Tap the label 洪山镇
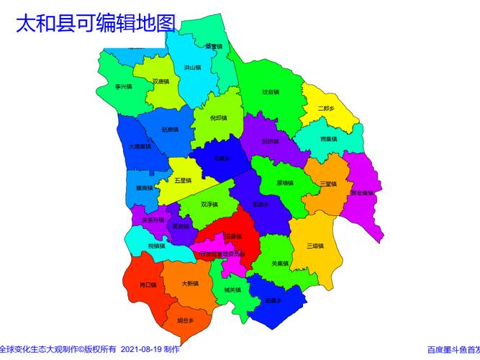coord(192,67)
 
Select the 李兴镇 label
coord(124,86)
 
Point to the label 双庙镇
coord(161,81)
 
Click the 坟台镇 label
coord(271,92)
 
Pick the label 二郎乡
coord(326,108)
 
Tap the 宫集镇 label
coord(329,138)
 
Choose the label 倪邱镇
coord(218,118)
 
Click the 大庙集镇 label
coord(139,146)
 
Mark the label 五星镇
coord(183,180)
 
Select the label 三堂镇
coord(328,184)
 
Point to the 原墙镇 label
coord(285,183)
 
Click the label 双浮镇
coord(209,204)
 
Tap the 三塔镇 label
coord(314,246)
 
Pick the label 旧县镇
coord(233,235)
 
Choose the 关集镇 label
coord(280,264)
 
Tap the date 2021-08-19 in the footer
coord(141,349)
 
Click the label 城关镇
coord(232,290)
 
